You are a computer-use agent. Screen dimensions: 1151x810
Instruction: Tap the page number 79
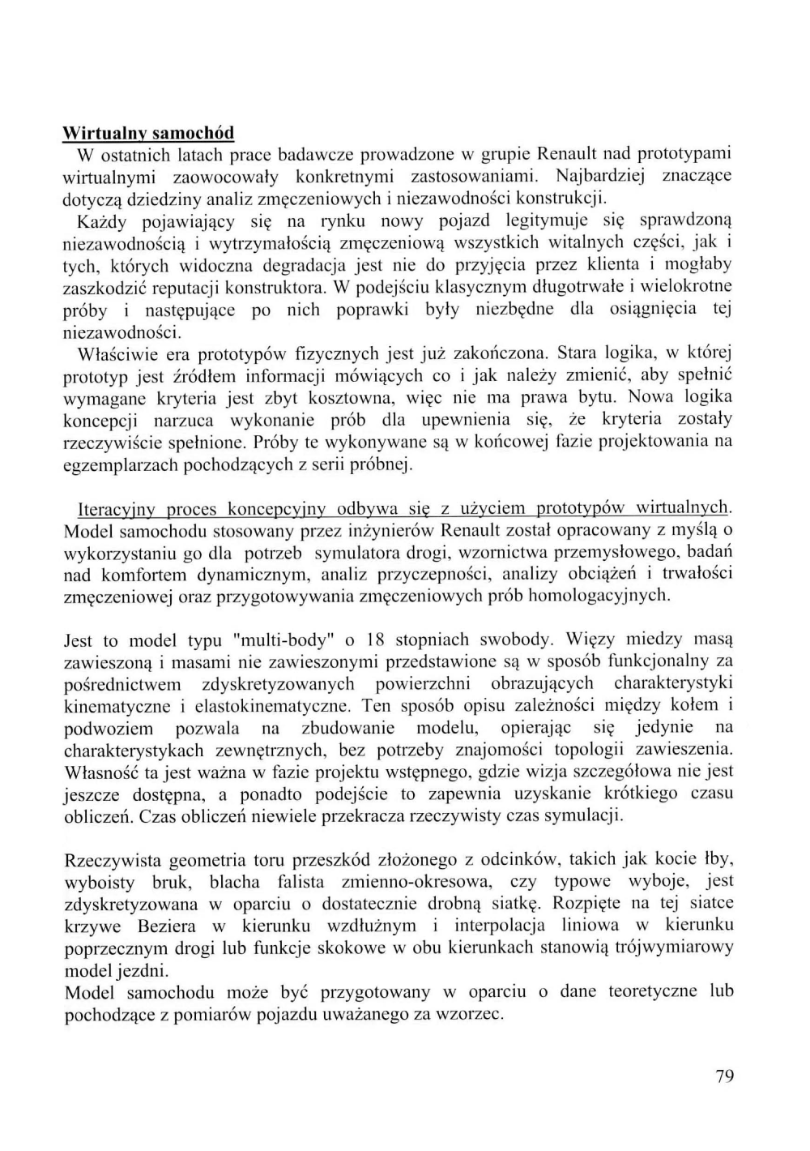[x=725, y=1076]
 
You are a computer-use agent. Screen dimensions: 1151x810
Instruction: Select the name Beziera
[x=167, y=926]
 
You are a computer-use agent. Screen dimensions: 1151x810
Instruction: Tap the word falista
[x=301, y=882]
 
